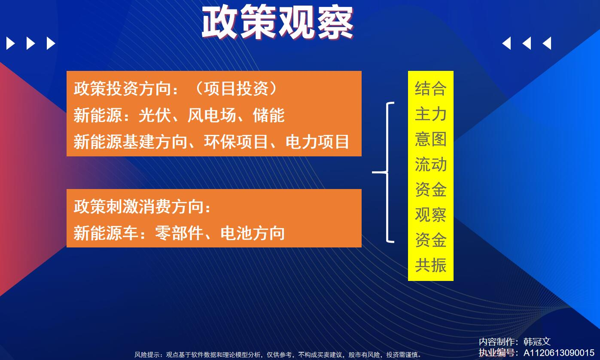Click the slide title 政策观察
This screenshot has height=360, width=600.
point(277,22)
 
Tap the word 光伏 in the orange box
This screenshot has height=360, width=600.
point(155,115)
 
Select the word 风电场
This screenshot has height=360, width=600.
point(212,115)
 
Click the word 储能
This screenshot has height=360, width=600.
point(269,115)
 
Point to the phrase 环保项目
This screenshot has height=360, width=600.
point(236,142)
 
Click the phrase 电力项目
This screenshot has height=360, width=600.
point(317,142)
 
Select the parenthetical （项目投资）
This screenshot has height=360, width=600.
point(236,88)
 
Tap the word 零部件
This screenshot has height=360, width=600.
point(179,233)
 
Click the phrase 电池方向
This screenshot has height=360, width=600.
point(252,233)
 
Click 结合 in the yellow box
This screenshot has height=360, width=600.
point(431,88)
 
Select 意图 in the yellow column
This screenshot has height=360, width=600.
point(431,139)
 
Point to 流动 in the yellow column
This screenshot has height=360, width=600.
point(431,164)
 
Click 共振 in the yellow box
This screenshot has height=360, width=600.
point(431,265)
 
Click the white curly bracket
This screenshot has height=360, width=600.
point(387,172)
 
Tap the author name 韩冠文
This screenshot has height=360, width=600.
point(537,342)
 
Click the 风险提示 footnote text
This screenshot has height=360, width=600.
point(277,355)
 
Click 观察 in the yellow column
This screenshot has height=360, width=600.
point(431,214)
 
